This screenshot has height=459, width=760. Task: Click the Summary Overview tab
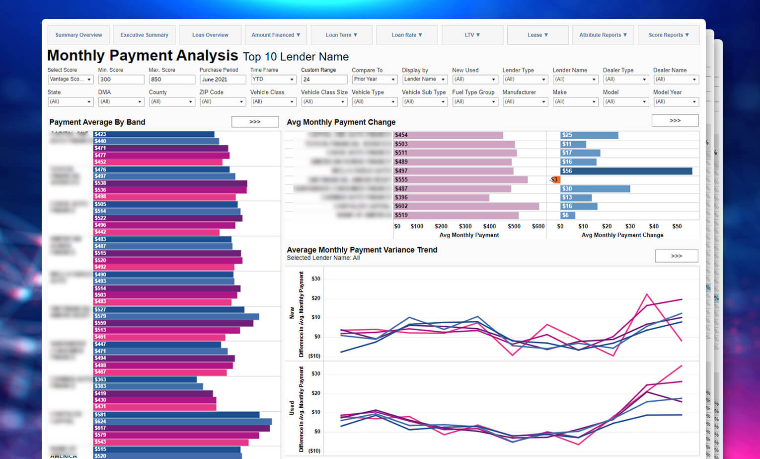(x=78, y=35)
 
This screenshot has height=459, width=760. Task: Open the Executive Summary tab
(x=144, y=35)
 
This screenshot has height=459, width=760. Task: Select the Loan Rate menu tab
(x=407, y=35)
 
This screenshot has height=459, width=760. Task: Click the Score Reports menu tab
(x=669, y=35)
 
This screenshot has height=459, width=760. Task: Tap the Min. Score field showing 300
(x=121, y=80)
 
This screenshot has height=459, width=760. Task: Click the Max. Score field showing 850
(x=172, y=80)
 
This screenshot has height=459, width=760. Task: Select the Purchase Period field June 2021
(x=223, y=80)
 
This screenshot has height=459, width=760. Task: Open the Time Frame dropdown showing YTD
(x=273, y=80)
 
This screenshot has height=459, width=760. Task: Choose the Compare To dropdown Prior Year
(x=375, y=80)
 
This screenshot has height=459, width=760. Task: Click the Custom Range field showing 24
(x=324, y=80)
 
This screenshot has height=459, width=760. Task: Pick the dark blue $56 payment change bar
(x=626, y=171)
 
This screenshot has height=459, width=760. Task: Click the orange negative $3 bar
(x=556, y=180)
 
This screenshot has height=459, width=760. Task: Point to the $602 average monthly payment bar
(x=466, y=206)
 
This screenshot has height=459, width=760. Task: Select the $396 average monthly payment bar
(x=441, y=197)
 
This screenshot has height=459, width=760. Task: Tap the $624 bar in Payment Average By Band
(x=183, y=422)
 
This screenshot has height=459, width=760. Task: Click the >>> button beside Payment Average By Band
(x=255, y=122)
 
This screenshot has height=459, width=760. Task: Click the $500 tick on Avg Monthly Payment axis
(x=514, y=226)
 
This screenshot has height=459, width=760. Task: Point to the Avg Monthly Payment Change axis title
(x=622, y=235)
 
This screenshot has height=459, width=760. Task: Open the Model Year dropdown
(x=676, y=102)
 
